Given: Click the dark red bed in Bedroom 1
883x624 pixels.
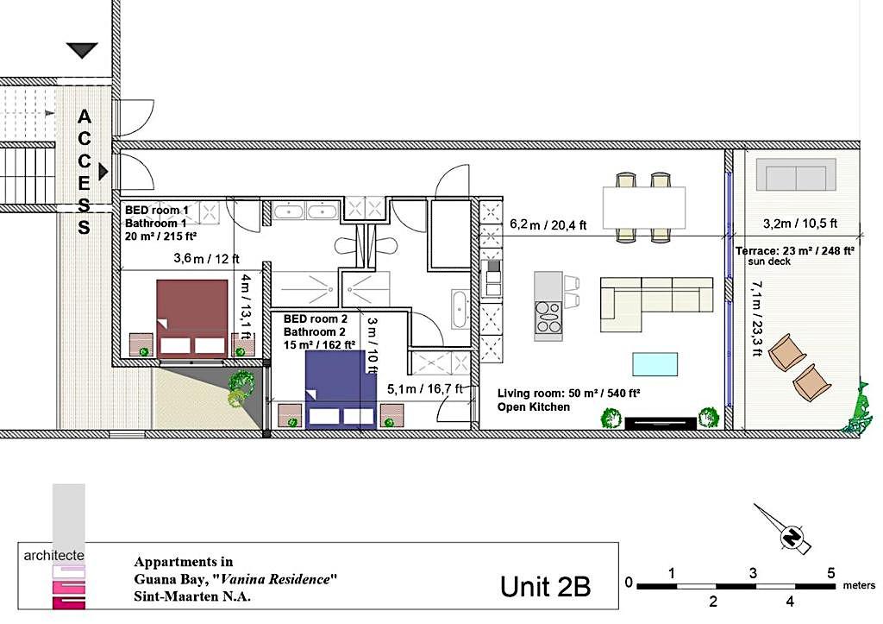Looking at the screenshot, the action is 192,318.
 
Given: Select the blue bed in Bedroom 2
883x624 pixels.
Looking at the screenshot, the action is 340,389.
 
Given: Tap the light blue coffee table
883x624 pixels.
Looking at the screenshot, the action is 655,364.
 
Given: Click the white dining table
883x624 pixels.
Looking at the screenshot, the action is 643,207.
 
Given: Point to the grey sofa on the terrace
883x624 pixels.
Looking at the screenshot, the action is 796,174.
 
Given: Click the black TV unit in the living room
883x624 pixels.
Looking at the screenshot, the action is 661,423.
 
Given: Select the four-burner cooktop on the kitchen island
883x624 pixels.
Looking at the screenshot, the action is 548,318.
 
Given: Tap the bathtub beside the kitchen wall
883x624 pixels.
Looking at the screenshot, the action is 460,309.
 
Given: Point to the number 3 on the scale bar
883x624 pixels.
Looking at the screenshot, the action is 753,573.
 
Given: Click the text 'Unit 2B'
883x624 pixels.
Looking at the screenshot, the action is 545,586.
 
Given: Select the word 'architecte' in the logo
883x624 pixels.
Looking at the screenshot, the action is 54,555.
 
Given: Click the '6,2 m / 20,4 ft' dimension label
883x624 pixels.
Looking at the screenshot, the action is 548,225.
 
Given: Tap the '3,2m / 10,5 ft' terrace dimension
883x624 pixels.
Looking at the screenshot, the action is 799,224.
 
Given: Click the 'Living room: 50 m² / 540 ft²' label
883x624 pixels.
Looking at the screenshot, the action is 568,394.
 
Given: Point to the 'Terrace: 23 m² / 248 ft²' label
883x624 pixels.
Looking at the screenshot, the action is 794,251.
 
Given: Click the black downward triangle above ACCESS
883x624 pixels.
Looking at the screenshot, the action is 82,50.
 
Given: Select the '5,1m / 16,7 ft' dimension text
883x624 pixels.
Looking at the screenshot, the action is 425,388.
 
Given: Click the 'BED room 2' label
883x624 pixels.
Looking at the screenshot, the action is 316,319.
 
